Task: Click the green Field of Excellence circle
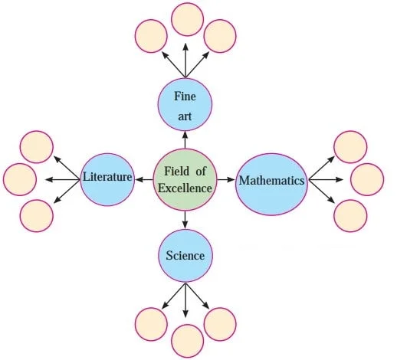[185, 180]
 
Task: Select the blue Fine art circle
[185, 105]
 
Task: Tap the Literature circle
[107, 179]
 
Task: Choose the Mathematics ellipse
[271, 185]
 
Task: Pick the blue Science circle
[185, 256]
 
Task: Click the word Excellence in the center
[185, 188]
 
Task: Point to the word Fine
[185, 97]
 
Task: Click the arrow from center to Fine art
[185, 140]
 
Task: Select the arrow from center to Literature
[144, 180]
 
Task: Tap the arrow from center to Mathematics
[226, 180]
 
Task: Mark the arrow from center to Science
[185, 220]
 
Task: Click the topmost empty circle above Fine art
[188, 19]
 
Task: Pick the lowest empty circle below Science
[188, 341]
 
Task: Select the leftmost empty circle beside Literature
[20, 180]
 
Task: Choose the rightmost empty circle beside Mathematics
[367, 180]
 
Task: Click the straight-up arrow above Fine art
[185, 61]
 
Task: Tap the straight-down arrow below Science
[185, 300]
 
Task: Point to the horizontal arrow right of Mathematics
[326, 180]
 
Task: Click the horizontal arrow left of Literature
[62, 180]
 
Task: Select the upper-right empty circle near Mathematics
[350, 147]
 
